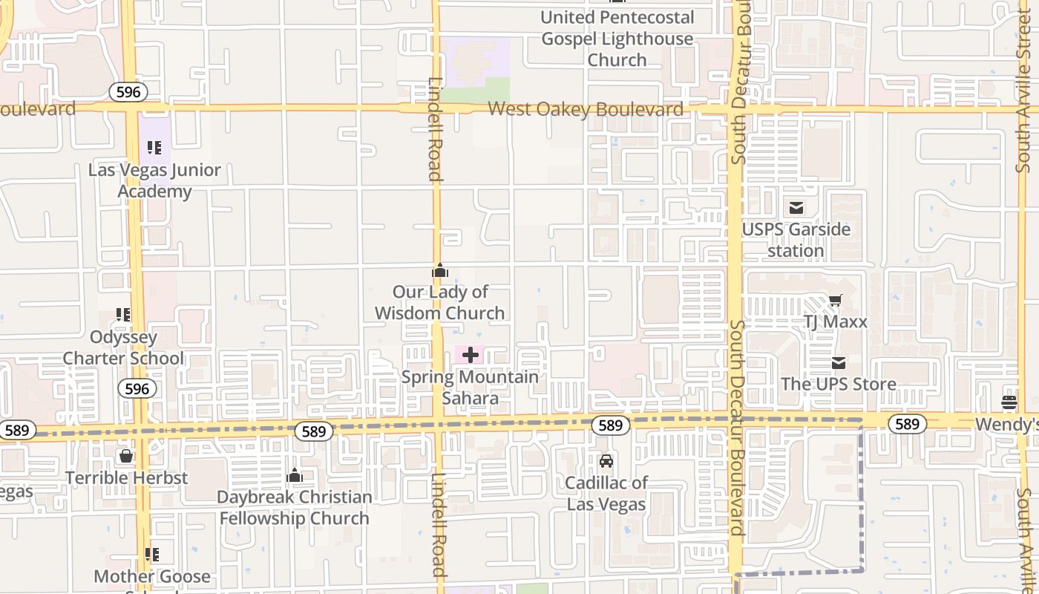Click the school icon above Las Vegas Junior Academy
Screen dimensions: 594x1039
click(154, 148)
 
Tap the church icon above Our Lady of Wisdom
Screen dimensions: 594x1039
click(440, 271)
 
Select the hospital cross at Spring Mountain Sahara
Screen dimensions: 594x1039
click(470, 356)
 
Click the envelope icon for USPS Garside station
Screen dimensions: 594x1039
click(796, 208)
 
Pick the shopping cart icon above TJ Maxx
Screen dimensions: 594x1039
click(836, 301)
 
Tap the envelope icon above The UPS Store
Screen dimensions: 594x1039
click(839, 363)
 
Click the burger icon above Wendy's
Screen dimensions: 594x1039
click(1009, 402)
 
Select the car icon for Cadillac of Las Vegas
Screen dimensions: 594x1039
click(606, 461)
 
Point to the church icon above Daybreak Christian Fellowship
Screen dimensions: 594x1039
click(295, 475)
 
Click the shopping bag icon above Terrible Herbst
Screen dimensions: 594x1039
click(126, 455)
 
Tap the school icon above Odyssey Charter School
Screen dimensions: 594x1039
click(123, 315)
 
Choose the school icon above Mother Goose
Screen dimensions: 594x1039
click(152, 554)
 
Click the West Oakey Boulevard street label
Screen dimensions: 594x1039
click(585, 110)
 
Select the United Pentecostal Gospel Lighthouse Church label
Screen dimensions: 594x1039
click(617, 39)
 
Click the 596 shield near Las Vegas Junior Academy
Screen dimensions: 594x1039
click(128, 92)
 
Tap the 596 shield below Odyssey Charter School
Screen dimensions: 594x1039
click(137, 388)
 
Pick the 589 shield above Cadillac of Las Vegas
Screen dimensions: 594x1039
click(611, 425)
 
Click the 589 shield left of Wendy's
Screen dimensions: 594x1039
click(907, 424)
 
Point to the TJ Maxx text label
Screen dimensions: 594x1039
click(836, 322)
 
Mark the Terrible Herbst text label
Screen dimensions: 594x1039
click(126, 477)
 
